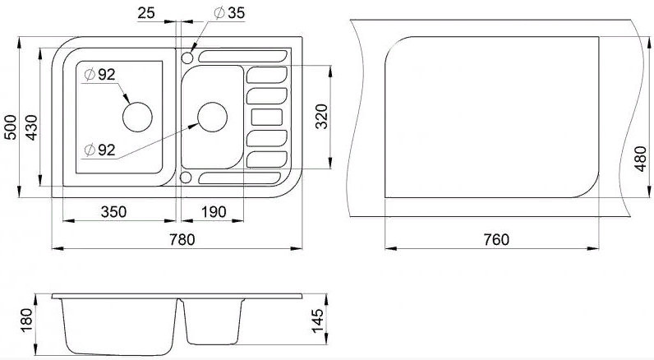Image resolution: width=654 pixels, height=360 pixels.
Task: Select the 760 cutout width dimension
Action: (496, 239)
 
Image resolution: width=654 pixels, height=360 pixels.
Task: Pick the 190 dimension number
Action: (212, 212)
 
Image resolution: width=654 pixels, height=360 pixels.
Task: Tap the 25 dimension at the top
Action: (147, 13)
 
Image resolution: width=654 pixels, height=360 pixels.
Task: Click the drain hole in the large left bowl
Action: (136, 116)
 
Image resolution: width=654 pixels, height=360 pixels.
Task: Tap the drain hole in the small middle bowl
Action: (211, 116)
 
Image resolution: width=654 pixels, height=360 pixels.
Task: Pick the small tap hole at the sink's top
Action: (187, 58)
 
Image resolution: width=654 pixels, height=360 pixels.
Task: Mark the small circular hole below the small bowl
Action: (187, 178)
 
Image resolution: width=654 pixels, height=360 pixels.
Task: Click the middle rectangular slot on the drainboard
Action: (265, 116)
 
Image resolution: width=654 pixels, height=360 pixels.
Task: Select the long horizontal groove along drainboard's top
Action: (239, 58)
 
